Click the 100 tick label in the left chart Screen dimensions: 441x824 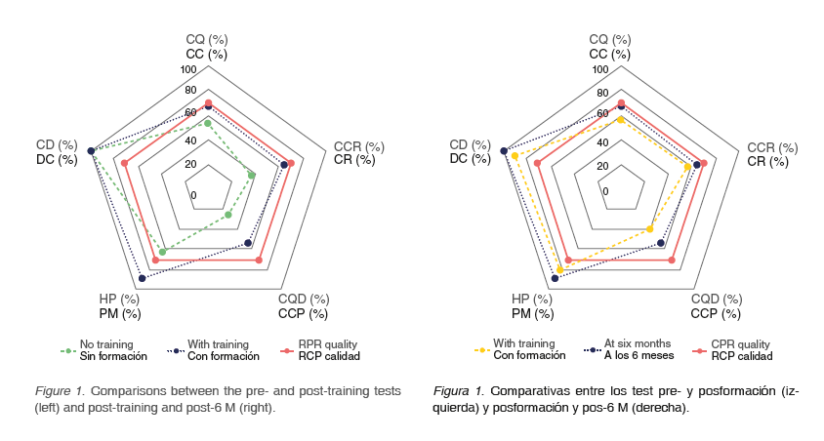(187, 70)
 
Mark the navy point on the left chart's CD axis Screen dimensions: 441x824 (91, 151)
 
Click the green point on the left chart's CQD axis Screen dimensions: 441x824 (228, 215)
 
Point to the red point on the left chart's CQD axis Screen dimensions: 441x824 (259, 261)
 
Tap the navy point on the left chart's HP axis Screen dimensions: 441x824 (143, 279)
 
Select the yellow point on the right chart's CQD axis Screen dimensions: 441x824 (650, 229)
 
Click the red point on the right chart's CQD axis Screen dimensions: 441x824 (672, 261)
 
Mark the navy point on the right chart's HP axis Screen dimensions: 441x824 (556, 279)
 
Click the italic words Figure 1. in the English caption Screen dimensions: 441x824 (60, 390)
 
